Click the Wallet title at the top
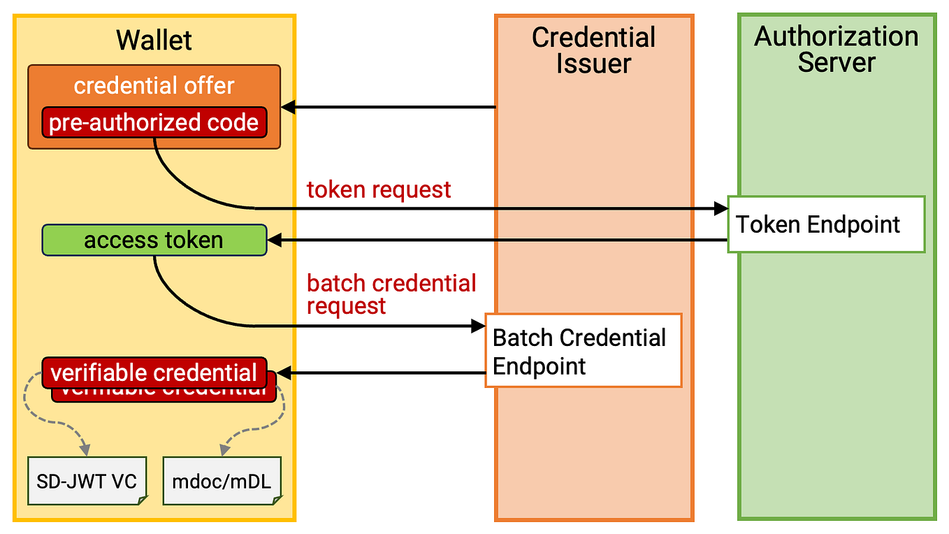click(x=154, y=40)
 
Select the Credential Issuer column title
click(x=593, y=50)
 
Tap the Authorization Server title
click(x=836, y=50)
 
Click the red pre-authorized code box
click(x=154, y=123)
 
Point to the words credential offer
click(x=154, y=86)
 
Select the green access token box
click(x=154, y=240)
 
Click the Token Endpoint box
click(x=826, y=224)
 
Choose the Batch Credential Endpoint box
click(x=584, y=350)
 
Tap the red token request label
click(x=379, y=189)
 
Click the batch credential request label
click(x=391, y=294)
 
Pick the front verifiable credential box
click(x=154, y=373)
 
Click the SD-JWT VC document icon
click(x=87, y=481)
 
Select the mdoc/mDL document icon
click(x=222, y=481)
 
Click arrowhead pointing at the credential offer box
click(x=287, y=108)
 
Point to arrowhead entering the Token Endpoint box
click(x=721, y=208)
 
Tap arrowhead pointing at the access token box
click(x=274, y=240)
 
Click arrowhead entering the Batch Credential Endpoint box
click(x=479, y=326)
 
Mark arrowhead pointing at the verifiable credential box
click(x=283, y=373)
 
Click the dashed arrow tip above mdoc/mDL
click(x=224, y=449)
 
